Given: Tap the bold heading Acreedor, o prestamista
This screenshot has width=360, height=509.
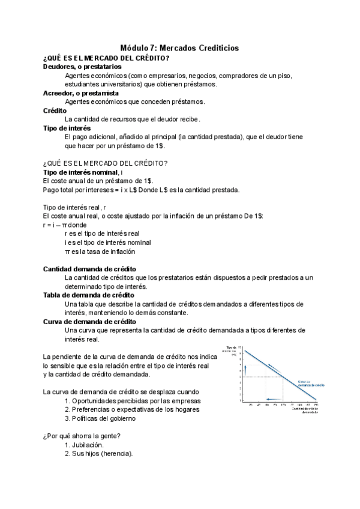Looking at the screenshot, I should (x=80, y=93).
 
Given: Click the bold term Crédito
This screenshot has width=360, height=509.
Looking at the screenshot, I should (x=55, y=110).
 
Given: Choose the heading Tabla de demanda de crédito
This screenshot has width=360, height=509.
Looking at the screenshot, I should (x=88, y=295).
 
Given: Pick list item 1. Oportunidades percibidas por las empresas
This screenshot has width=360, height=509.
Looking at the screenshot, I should (x=132, y=401).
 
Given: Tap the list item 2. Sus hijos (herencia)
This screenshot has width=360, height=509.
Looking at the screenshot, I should (x=98, y=454).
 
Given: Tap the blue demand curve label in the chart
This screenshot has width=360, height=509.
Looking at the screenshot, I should (x=309, y=383).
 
